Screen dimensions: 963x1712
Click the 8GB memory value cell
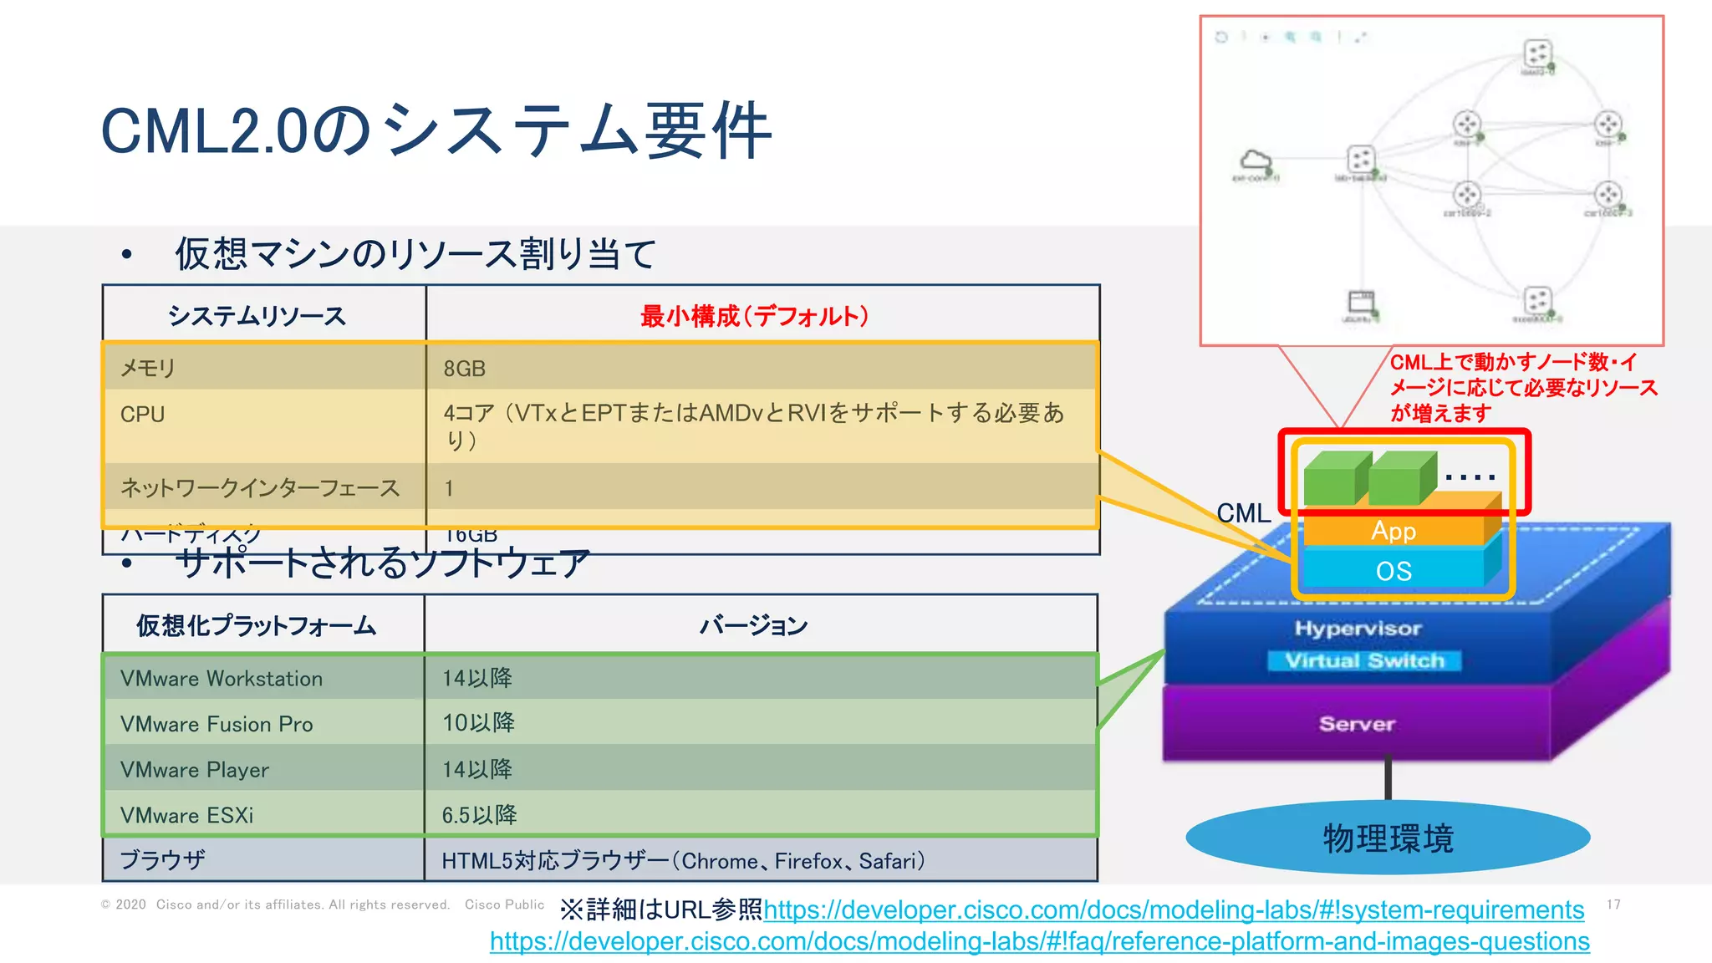click(x=465, y=369)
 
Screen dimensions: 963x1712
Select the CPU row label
click(x=143, y=415)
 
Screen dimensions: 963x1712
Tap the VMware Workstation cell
click(x=222, y=679)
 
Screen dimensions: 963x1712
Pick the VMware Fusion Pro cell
click(x=217, y=724)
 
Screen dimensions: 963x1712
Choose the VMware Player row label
click(x=195, y=770)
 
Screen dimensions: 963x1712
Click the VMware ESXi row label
click(x=186, y=815)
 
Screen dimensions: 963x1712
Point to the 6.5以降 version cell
click(x=479, y=815)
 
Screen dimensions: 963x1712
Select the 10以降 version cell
click(x=478, y=723)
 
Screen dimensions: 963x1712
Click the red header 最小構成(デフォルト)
click(x=755, y=316)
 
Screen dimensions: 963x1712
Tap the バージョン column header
click(x=754, y=625)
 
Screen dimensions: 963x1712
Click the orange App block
click(x=1394, y=531)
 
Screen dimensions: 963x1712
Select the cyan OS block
click(x=1394, y=571)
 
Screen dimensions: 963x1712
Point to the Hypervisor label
click(x=1358, y=629)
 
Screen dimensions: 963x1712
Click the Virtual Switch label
click(x=1364, y=660)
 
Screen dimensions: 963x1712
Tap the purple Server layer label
click(x=1357, y=724)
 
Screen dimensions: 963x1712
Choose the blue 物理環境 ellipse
click(x=1388, y=838)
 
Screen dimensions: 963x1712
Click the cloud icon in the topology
click(x=1255, y=160)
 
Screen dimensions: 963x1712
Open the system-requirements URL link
click(x=1174, y=909)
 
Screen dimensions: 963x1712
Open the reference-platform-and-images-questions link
click(x=1039, y=941)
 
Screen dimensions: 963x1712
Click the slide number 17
click(x=1613, y=904)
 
